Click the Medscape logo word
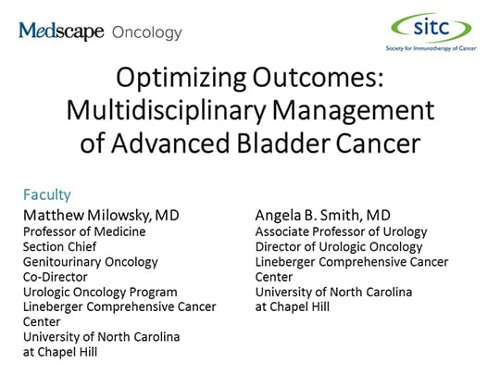click(61, 32)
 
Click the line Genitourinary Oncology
click(90, 262)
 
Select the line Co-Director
click(56, 277)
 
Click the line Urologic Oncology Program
click(99, 292)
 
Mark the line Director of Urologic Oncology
click(339, 246)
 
